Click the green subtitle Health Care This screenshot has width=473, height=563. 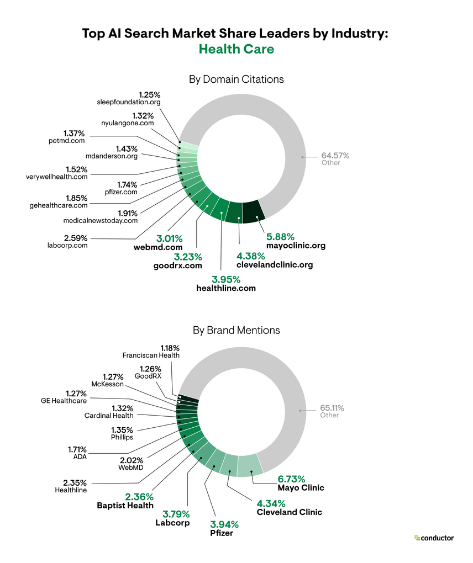[236, 49]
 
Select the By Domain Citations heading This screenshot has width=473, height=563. [236, 79]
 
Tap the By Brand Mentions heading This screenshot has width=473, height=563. [236, 330]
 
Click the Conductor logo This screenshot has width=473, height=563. [434, 538]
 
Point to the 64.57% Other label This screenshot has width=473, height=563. [335, 158]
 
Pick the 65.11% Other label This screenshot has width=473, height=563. [332, 411]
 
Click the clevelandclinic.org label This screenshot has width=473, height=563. [274, 265]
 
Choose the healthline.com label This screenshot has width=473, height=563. [226, 288]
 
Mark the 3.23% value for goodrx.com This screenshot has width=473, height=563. [188, 257]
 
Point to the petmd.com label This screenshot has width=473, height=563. [66, 141]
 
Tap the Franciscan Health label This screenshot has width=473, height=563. [151, 355]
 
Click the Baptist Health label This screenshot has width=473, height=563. [125, 505]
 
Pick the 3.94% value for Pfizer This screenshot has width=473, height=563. [224, 524]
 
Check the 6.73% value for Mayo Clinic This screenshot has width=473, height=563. [291, 479]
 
